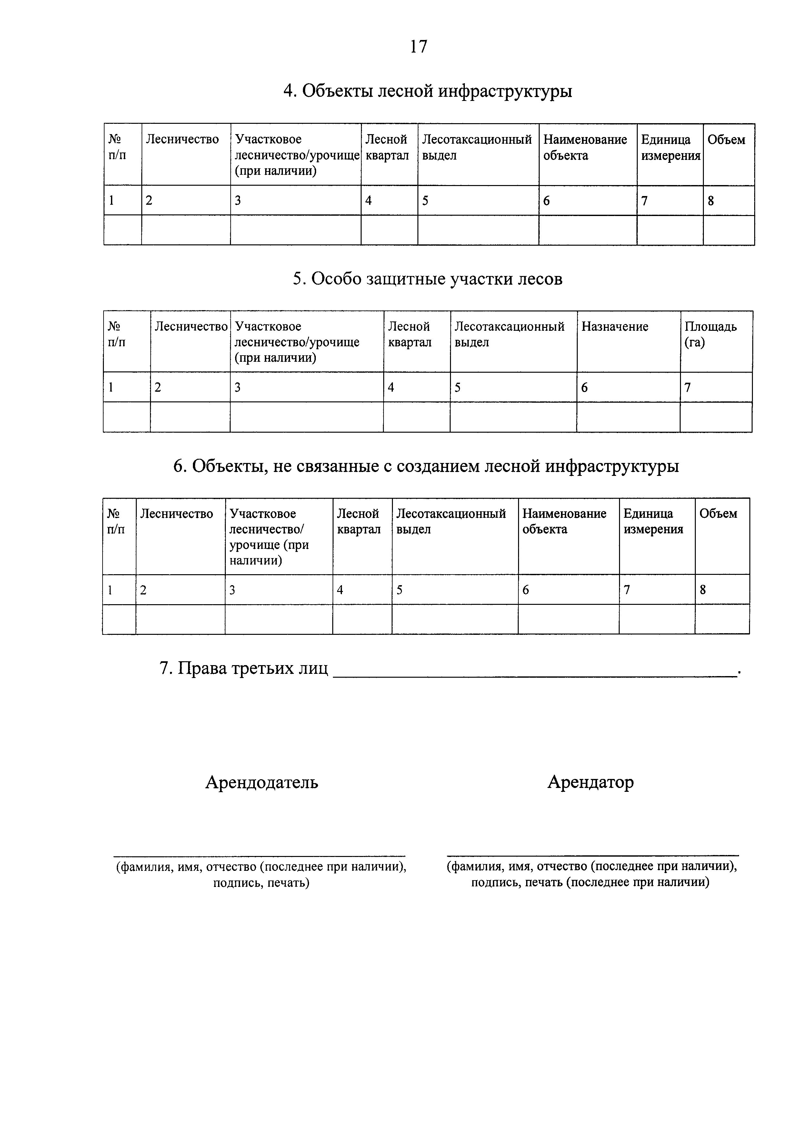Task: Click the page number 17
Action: pos(418,46)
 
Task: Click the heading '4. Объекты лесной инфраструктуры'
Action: pos(427,91)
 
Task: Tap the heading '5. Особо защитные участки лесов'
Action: pos(427,279)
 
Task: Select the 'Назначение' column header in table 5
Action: pos(615,327)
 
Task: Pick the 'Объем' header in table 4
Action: pos(726,140)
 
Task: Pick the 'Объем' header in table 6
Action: pos(718,514)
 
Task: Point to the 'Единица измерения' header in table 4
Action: pos(670,147)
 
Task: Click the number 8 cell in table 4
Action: pos(711,201)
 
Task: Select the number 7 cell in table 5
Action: pos(688,388)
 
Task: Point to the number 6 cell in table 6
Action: pos(525,590)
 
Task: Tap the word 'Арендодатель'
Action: pos(261,782)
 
